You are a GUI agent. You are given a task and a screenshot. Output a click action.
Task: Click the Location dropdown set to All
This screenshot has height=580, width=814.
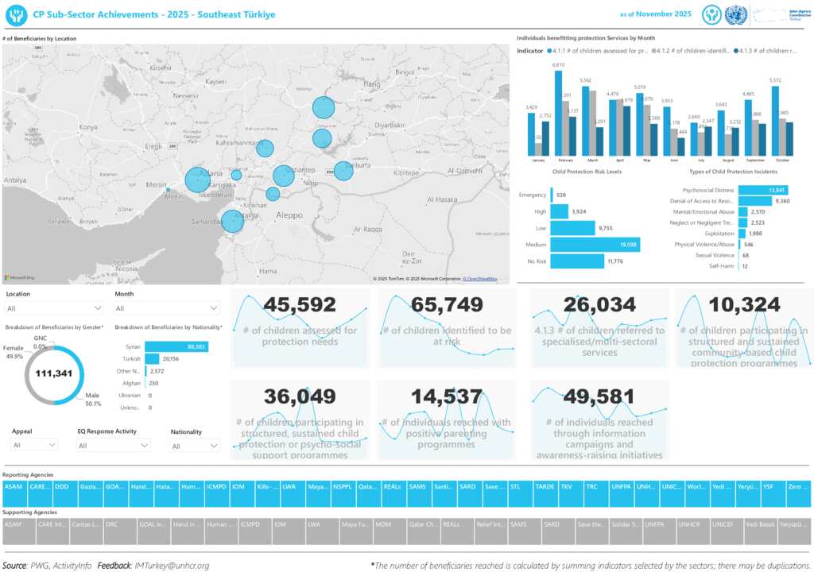[55, 308]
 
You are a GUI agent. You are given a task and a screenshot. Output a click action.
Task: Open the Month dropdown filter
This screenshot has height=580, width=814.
[167, 308]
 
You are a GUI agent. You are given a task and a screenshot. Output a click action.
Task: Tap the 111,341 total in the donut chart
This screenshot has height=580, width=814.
[54, 373]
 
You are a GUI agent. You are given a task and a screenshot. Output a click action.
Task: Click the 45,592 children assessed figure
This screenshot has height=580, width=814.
[300, 304]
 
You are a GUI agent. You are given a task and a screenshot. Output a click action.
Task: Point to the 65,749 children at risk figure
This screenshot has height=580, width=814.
[446, 304]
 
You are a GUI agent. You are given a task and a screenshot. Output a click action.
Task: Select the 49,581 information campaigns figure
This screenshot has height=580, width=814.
[599, 396]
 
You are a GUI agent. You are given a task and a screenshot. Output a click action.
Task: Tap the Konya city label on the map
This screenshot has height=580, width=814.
[88, 127]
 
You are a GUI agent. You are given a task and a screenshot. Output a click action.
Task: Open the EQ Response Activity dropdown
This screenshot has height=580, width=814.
[114, 447]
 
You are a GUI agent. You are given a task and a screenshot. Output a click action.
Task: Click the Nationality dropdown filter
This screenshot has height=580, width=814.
[195, 447]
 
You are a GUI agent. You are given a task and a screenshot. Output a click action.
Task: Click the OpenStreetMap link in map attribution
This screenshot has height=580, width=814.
[481, 279]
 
